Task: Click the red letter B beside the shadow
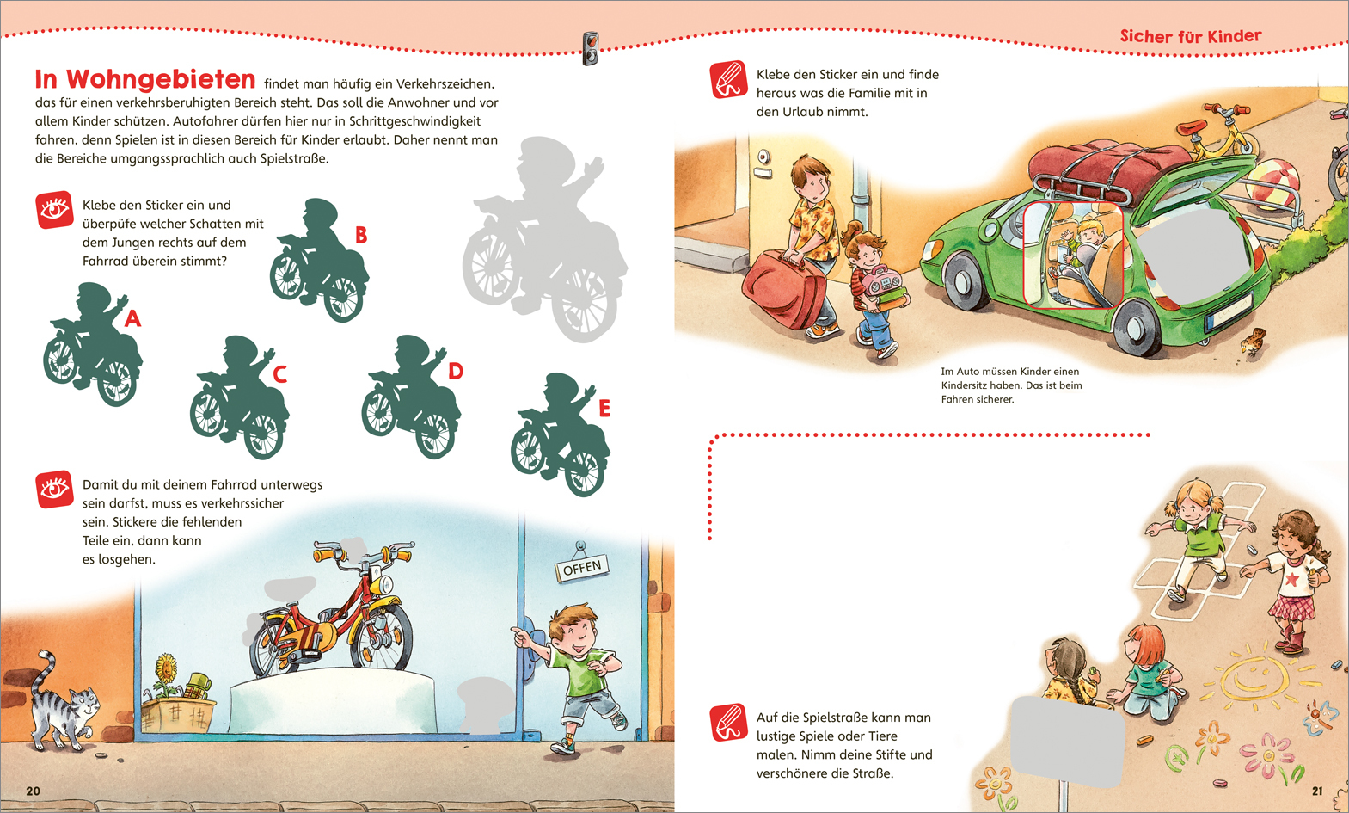[361, 235]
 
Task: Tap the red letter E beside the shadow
[604, 408]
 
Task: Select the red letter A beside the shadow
[132, 317]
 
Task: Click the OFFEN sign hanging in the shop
[582, 567]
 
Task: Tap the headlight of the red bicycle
[383, 584]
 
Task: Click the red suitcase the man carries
[783, 289]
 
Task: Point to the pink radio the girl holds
[883, 280]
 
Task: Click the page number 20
[34, 791]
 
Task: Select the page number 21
[1317, 791]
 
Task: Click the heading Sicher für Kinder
[1191, 36]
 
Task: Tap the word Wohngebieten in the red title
[161, 79]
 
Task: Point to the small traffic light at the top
[590, 47]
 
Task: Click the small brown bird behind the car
[1254, 341]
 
